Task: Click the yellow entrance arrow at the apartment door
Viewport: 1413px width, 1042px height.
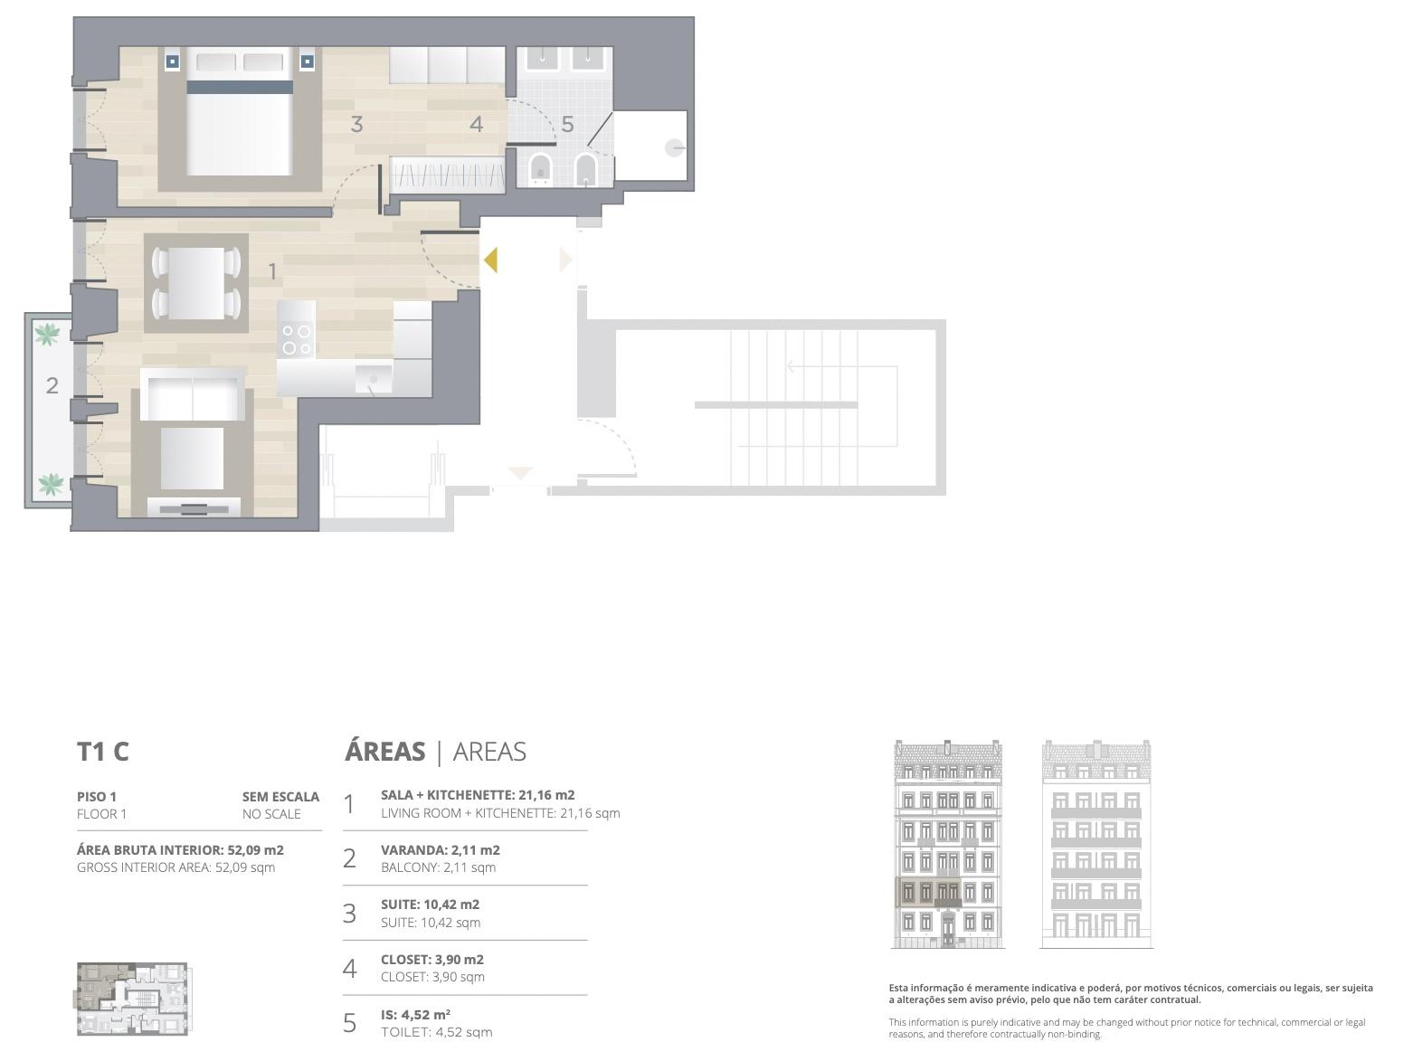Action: [491, 260]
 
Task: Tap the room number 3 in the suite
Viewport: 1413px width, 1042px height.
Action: [357, 124]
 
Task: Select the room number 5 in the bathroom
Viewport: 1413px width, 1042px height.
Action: [568, 124]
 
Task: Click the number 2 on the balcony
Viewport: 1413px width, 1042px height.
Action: [52, 385]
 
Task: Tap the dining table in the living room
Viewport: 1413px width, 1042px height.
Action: [196, 282]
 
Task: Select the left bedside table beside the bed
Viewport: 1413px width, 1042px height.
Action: [173, 62]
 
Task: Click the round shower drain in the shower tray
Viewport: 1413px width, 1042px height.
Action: [675, 148]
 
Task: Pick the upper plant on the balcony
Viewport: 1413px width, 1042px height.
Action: [47, 334]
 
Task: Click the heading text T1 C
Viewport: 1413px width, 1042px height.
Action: [103, 752]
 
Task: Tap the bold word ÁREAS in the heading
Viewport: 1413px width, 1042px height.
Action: [384, 751]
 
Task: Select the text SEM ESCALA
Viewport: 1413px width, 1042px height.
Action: [280, 797]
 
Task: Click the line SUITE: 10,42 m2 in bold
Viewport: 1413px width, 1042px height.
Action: [431, 904]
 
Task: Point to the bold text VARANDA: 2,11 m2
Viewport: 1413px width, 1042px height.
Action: [441, 849]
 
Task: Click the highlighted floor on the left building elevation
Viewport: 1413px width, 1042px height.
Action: [928, 892]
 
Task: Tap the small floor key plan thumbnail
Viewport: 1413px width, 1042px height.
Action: [133, 999]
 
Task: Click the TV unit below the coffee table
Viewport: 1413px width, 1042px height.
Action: [194, 507]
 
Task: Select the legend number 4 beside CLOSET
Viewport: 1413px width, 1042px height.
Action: [349, 968]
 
